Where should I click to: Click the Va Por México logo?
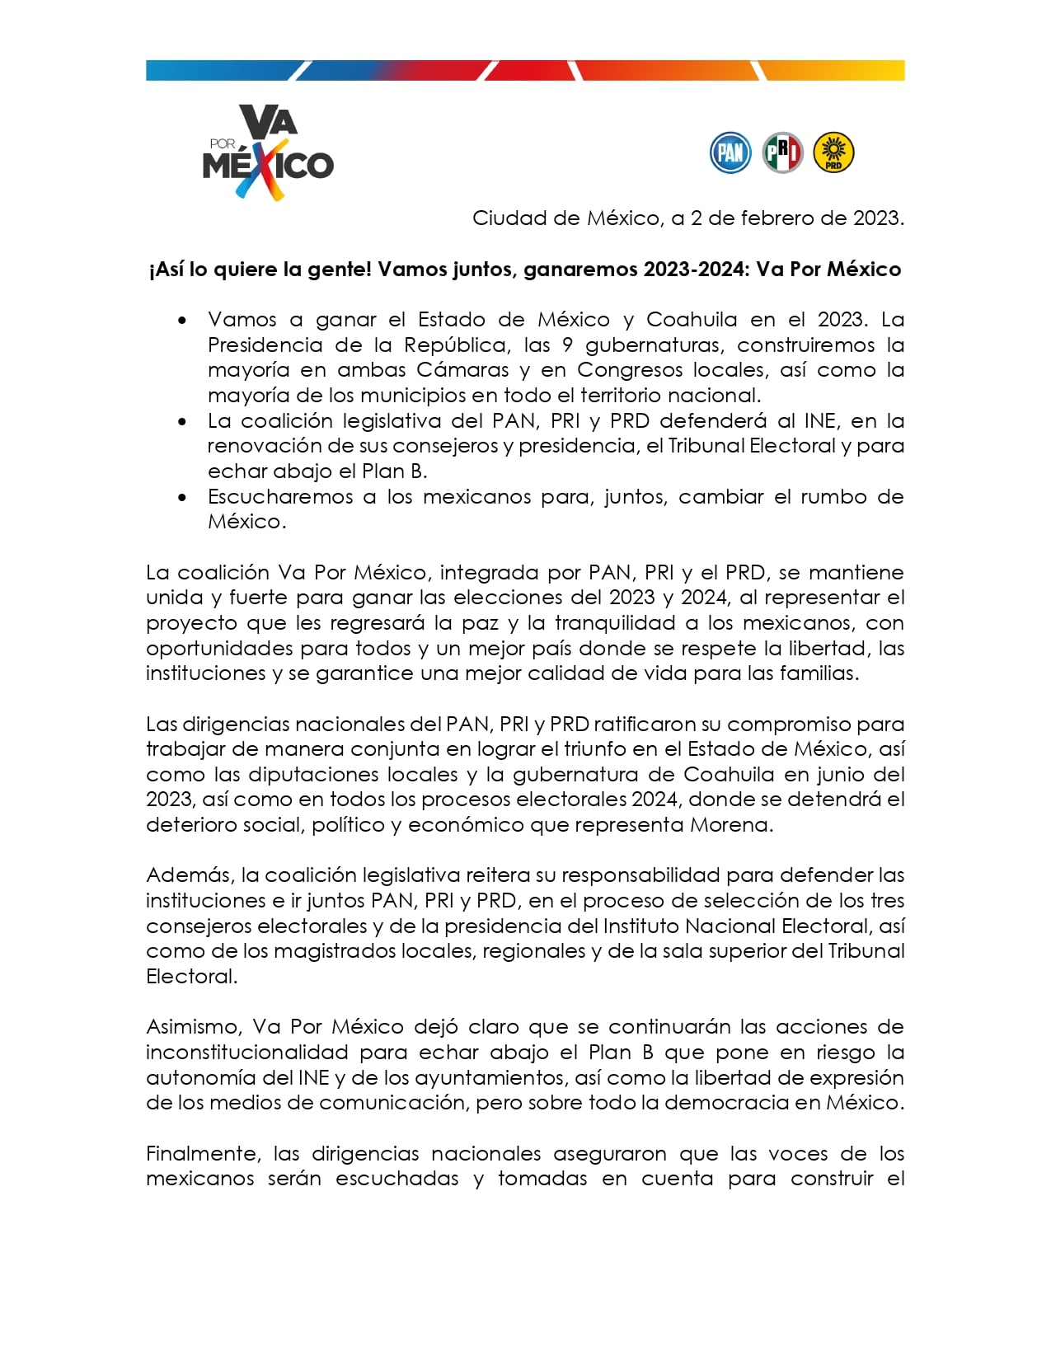click(x=268, y=153)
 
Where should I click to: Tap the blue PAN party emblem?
click(x=730, y=153)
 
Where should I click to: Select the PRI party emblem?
click(x=781, y=153)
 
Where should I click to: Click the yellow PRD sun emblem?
click(x=833, y=153)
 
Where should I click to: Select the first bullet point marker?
click(x=182, y=321)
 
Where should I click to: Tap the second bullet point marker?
click(x=182, y=422)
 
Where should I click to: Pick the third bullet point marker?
click(x=182, y=498)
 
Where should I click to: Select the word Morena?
click(x=730, y=825)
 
